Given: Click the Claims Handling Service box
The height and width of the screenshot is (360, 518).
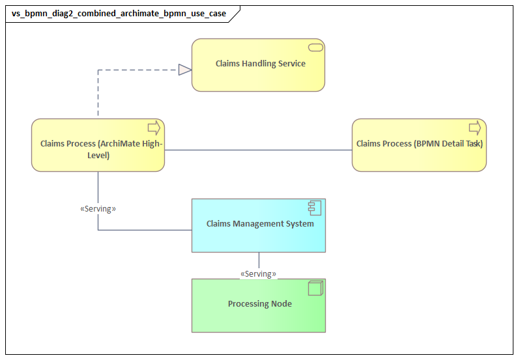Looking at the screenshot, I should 258,78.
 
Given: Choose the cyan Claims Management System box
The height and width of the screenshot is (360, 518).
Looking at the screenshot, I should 258,238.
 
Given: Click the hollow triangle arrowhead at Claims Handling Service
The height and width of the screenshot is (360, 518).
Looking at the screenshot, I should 185,70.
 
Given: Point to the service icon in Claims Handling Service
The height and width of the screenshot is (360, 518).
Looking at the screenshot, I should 316,47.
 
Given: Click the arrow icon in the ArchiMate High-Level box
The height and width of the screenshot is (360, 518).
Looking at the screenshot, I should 154,128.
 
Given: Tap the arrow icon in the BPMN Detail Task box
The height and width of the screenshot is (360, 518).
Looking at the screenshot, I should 475,128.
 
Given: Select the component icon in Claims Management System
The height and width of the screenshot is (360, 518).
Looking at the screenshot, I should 315,208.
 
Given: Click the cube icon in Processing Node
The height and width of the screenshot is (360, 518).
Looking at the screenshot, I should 315,288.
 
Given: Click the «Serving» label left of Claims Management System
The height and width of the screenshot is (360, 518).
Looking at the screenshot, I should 98,209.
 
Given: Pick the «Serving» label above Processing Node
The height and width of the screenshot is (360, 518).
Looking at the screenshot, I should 258,274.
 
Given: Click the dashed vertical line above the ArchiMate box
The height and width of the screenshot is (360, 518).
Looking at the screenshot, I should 98,94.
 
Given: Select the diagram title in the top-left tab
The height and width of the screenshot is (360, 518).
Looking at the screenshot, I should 119,14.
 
